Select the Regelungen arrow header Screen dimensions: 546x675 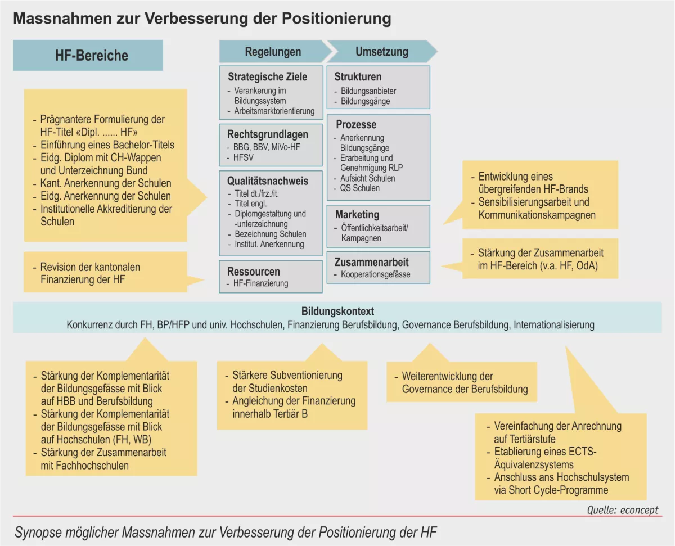click(273, 52)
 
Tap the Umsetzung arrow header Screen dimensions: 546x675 click(381, 52)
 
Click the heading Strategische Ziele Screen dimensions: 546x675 click(267, 76)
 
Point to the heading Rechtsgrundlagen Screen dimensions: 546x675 click(268, 134)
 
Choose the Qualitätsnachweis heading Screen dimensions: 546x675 click(268, 181)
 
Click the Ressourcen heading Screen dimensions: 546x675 click(253, 271)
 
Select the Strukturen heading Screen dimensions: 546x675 click(358, 76)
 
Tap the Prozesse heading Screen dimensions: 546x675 click(356, 124)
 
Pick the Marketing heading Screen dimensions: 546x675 click(357, 214)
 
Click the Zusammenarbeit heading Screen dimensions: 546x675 click(371, 262)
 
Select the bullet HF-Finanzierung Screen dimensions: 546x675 click(260, 283)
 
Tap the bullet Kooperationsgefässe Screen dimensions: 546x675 click(375, 274)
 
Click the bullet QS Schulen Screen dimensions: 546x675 click(359, 188)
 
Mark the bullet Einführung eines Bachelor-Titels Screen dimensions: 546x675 click(107, 145)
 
